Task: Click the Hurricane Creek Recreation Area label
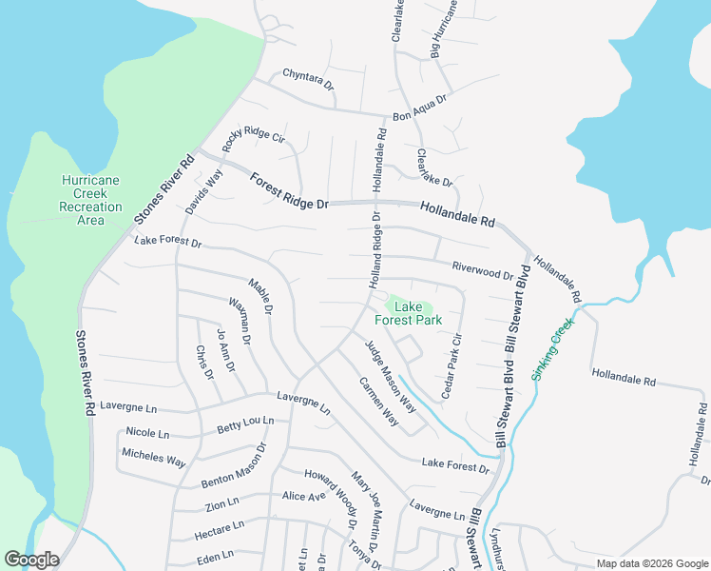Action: click(90, 200)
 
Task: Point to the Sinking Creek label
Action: click(553, 350)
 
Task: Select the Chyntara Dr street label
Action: click(309, 79)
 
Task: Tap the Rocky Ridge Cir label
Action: click(253, 139)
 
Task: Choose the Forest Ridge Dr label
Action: click(289, 191)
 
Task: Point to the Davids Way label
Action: click(204, 191)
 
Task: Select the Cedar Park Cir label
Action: click(450, 364)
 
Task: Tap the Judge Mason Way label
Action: click(391, 375)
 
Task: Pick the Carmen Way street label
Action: click(377, 401)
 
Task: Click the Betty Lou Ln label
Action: click(245, 425)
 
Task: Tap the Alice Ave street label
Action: click(303, 496)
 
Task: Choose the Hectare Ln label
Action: click(220, 524)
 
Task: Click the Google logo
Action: click(31, 560)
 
